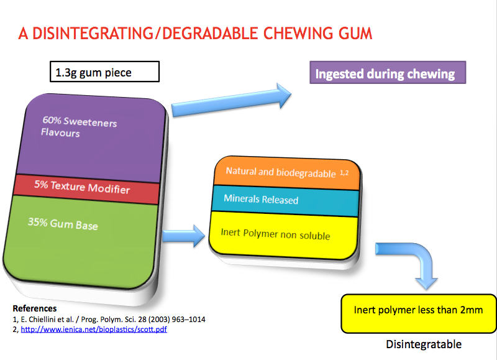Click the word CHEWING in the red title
298,34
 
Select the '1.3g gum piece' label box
104,72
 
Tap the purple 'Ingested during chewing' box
388,73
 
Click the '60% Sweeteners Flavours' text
79,127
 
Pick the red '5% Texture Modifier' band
86,189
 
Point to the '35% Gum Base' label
63,224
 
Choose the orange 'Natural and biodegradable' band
287,172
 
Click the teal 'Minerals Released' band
285,201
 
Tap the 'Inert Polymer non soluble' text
275,234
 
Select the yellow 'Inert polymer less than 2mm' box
418,313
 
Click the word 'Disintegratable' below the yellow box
424,344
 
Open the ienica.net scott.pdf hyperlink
94,330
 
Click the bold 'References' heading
35,308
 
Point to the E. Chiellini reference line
109,320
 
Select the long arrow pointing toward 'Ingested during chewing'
231,100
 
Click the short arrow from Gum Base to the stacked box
184,236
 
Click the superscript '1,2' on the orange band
344,173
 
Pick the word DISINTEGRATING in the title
93,34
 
